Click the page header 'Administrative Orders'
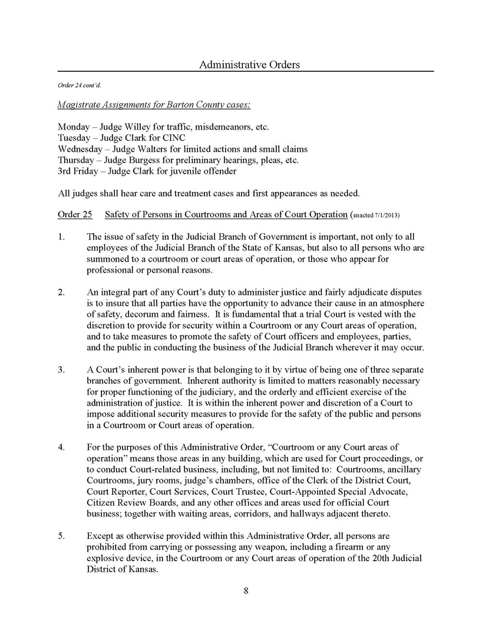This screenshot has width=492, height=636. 249,64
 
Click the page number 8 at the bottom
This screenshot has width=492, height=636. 246,591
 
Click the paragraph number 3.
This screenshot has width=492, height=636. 61,370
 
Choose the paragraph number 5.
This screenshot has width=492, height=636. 61,536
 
